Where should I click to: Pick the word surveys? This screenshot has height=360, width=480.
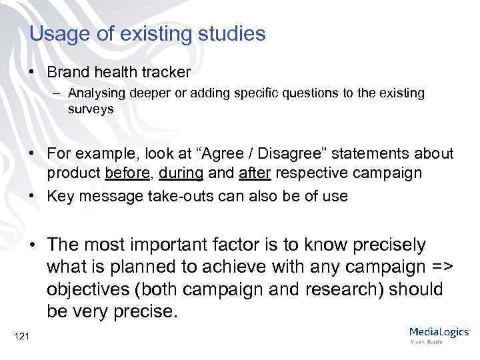click(90, 108)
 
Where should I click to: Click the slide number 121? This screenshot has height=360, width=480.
click(21, 337)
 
